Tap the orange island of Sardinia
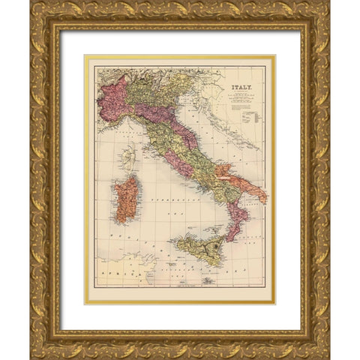pyautogui.click(x=125, y=199)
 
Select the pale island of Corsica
pyautogui.click(x=129, y=158)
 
